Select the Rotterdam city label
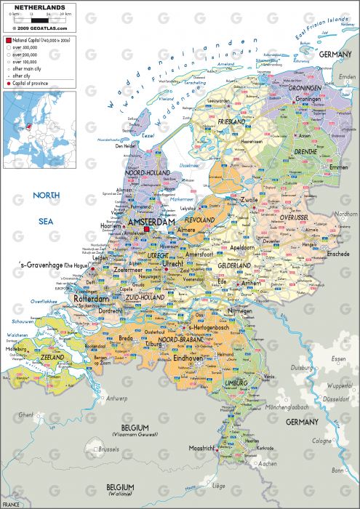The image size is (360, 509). [91, 299]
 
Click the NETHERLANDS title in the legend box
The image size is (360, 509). [25, 7]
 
